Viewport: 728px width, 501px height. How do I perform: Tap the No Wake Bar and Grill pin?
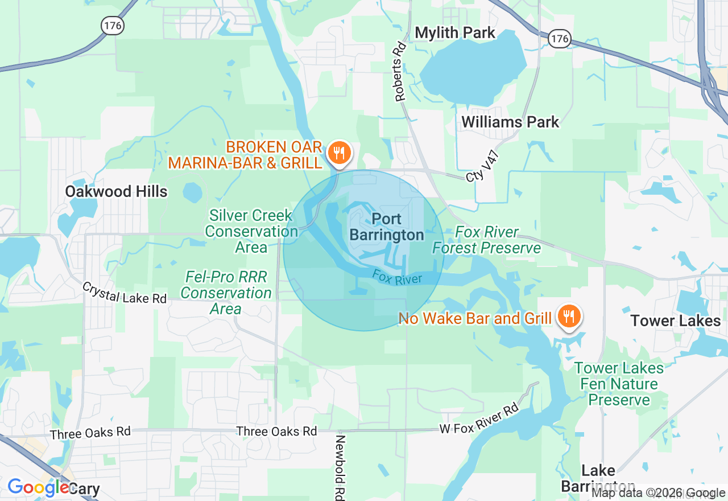pyautogui.click(x=568, y=316)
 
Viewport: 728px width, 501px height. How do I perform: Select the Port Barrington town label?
pyautogui.click(x=387, y=227)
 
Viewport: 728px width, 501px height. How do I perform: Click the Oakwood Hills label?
pyautogui.click(x=116, y=191)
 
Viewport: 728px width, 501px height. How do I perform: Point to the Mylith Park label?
pyautogui.click(x=455, y=33)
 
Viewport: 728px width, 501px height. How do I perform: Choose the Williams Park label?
pyautogui.click(x=510, y=122)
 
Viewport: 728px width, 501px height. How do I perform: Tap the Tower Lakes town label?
pyautogui.click(x=676, y=321)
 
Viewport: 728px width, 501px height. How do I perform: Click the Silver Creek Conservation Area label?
pyautogui.click(x=251, y=231)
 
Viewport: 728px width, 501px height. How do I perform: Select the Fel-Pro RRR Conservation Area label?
pyautogui.click(x=226, y=293)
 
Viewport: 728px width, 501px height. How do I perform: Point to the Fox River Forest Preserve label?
pyautogui.click(x=486, y=240)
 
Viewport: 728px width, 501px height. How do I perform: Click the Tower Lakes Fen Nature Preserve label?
pyautogui.click(x=619, y=384)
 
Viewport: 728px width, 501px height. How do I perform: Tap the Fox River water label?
pyautogui.click(x=397, y=277)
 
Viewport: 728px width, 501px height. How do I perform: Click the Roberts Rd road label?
pyautogui.click(x=401, y=72)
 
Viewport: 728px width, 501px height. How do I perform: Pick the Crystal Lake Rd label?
pyautogui.click(x=125, y=293)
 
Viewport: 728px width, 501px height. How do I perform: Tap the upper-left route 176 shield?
pyautogui.click(x=111, y=24)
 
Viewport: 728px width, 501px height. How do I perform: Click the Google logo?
pyautogui.click(x=38, y=487)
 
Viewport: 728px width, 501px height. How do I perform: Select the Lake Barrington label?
pyautogui.click(x=598, y=478)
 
